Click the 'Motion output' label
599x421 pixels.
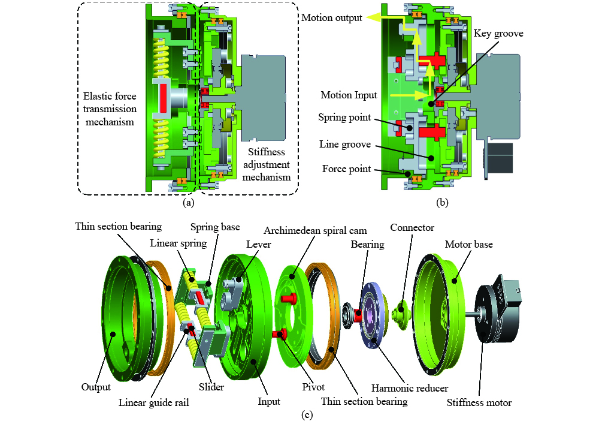click(x=332, y=18)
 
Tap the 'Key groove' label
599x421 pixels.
click(x=498, y=34)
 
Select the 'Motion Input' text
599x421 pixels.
click(x=349, y=95)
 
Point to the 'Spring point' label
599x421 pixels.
click(x=344, y=118)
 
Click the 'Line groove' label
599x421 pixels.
click(x=345, y=145)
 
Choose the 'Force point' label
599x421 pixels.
click(x=346, y=169)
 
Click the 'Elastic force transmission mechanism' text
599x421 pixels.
click(x=110, y=109)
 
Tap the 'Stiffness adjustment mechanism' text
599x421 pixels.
click(x=267, y=165)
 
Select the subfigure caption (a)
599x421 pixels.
click(x=188, y=202)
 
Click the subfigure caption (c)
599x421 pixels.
click(x=307, y=414)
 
